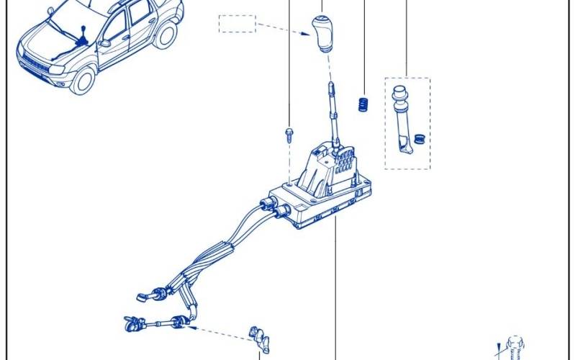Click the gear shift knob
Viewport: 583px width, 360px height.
pos(322,33)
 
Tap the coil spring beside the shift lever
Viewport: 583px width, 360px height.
pos(363,104)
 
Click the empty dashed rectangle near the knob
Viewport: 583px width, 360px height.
pos(237,24)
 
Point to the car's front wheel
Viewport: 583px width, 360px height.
pos(83,80)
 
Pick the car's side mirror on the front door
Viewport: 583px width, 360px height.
pos(106,42)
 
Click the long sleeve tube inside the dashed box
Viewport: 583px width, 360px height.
pos(400,119)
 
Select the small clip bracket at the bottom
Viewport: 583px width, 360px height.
pos(258,338)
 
